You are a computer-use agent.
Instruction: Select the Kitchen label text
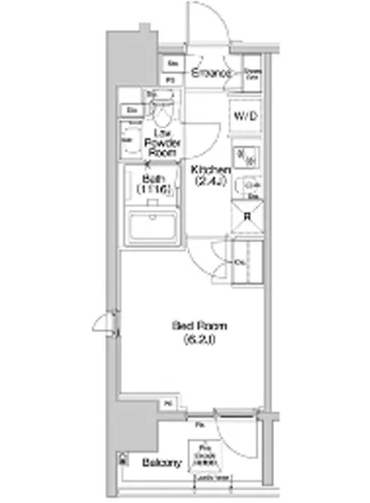click(x=210, y=171)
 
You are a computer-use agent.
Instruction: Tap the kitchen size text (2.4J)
click(x=210, y=183)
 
